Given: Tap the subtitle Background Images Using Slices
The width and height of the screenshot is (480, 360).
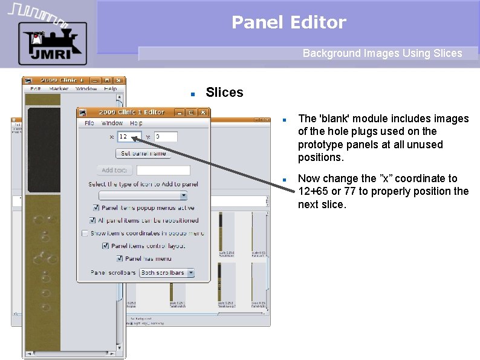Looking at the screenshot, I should coord(382,53).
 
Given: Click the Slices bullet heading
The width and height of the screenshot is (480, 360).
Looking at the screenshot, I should coord(224,93).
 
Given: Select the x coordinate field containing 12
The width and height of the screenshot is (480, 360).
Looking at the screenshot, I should coord(129,137).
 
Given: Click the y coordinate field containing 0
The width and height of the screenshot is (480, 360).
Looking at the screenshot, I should coord(166,137).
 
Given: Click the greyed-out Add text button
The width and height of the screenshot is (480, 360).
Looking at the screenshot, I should coord(114,170).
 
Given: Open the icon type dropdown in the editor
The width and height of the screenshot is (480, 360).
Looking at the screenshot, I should coord(143,195).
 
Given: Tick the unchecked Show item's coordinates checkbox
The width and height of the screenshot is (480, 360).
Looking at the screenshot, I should coord(85,233).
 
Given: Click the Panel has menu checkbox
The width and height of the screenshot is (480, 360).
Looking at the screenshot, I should coord(120,258).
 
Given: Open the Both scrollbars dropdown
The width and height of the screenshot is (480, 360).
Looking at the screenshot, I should coord(167,273).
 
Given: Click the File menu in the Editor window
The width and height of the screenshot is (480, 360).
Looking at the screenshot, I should coord(89,123).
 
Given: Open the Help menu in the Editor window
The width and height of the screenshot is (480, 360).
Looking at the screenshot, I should coord(137,123).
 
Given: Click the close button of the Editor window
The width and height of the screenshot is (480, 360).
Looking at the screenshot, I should coord(203,112).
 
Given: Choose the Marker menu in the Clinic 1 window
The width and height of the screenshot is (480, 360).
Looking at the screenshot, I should coord(59,89).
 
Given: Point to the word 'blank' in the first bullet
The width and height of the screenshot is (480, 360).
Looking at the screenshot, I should coord(332,119).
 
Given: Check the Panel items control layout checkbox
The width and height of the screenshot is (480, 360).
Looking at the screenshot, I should coord(106,246).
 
